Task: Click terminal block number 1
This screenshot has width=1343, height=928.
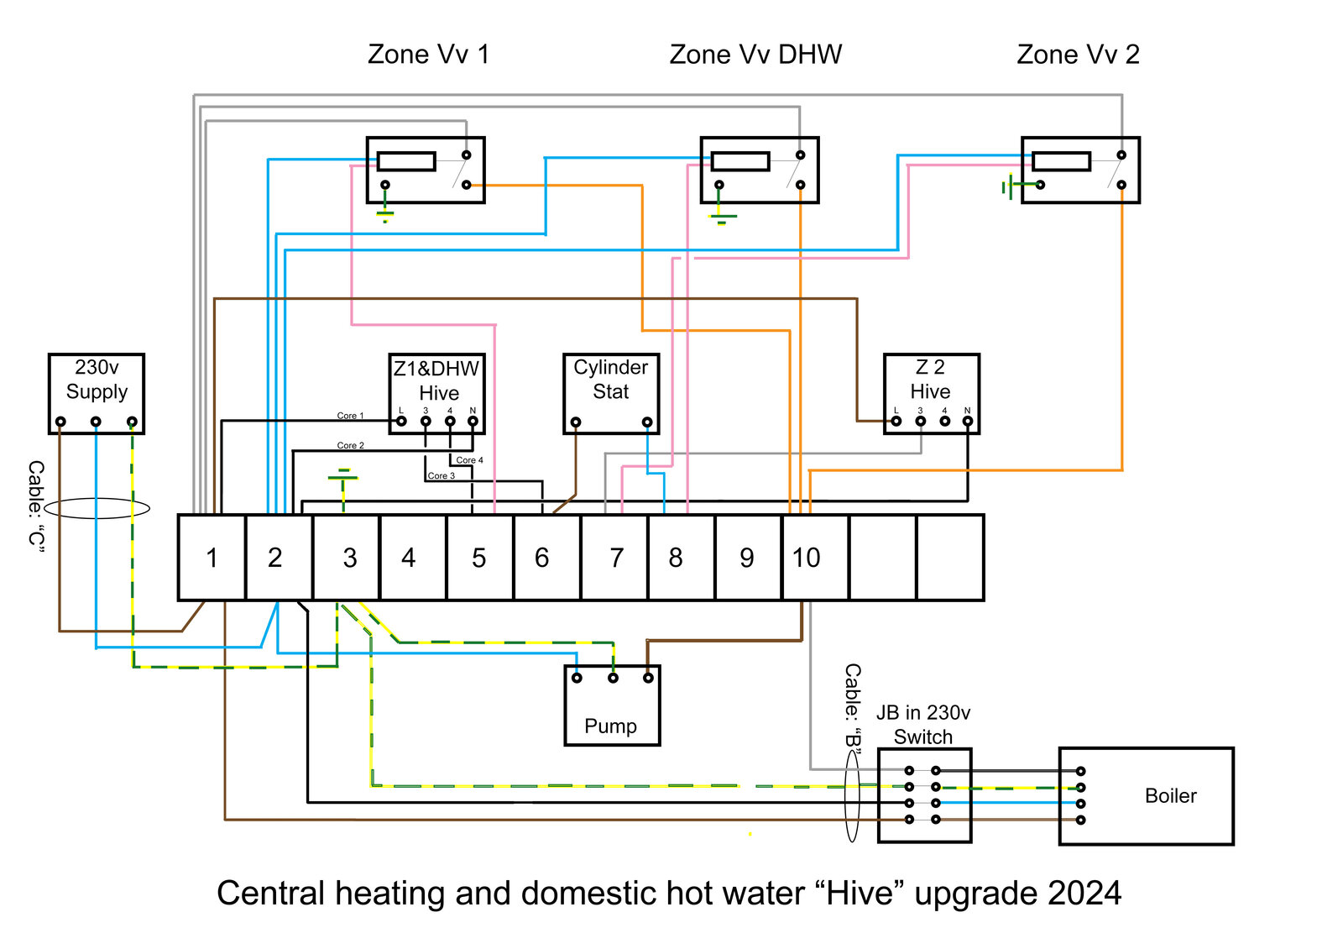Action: click(212, 558)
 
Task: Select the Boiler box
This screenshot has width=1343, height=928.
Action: click(1146, 795)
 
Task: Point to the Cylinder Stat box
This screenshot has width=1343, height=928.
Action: click(611, 393)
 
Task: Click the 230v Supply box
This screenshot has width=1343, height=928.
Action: click(97, 393)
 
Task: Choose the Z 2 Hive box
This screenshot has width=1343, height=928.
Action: click(931, 393)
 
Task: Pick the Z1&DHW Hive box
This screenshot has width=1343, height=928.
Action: click(437, 393)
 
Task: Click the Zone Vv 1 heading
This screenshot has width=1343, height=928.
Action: click(428, 55)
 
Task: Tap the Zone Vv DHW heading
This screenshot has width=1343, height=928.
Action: click(755, 55)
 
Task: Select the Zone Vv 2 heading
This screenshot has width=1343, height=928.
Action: click(1078, 55)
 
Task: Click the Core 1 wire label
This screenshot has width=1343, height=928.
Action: click(350, 416)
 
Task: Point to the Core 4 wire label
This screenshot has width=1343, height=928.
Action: click(469, 460)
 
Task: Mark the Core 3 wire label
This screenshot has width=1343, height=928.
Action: click(441, 475)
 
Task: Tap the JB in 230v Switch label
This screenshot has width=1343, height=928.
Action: click(923, 725)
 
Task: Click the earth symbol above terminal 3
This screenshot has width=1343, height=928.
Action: click(342, 477)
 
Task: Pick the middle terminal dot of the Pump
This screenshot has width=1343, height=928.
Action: click(613, 678)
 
